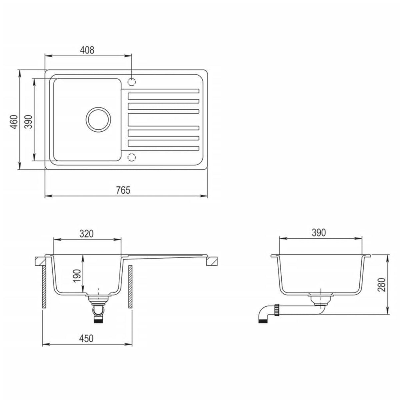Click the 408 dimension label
87,50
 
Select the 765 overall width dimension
123,190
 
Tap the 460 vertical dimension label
14,122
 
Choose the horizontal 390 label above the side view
319,233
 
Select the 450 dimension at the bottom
86,338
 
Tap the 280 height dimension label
382,284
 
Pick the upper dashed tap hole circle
132,81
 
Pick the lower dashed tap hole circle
132,157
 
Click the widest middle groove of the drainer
163,119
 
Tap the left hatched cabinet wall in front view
43,287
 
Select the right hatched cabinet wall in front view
130,287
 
